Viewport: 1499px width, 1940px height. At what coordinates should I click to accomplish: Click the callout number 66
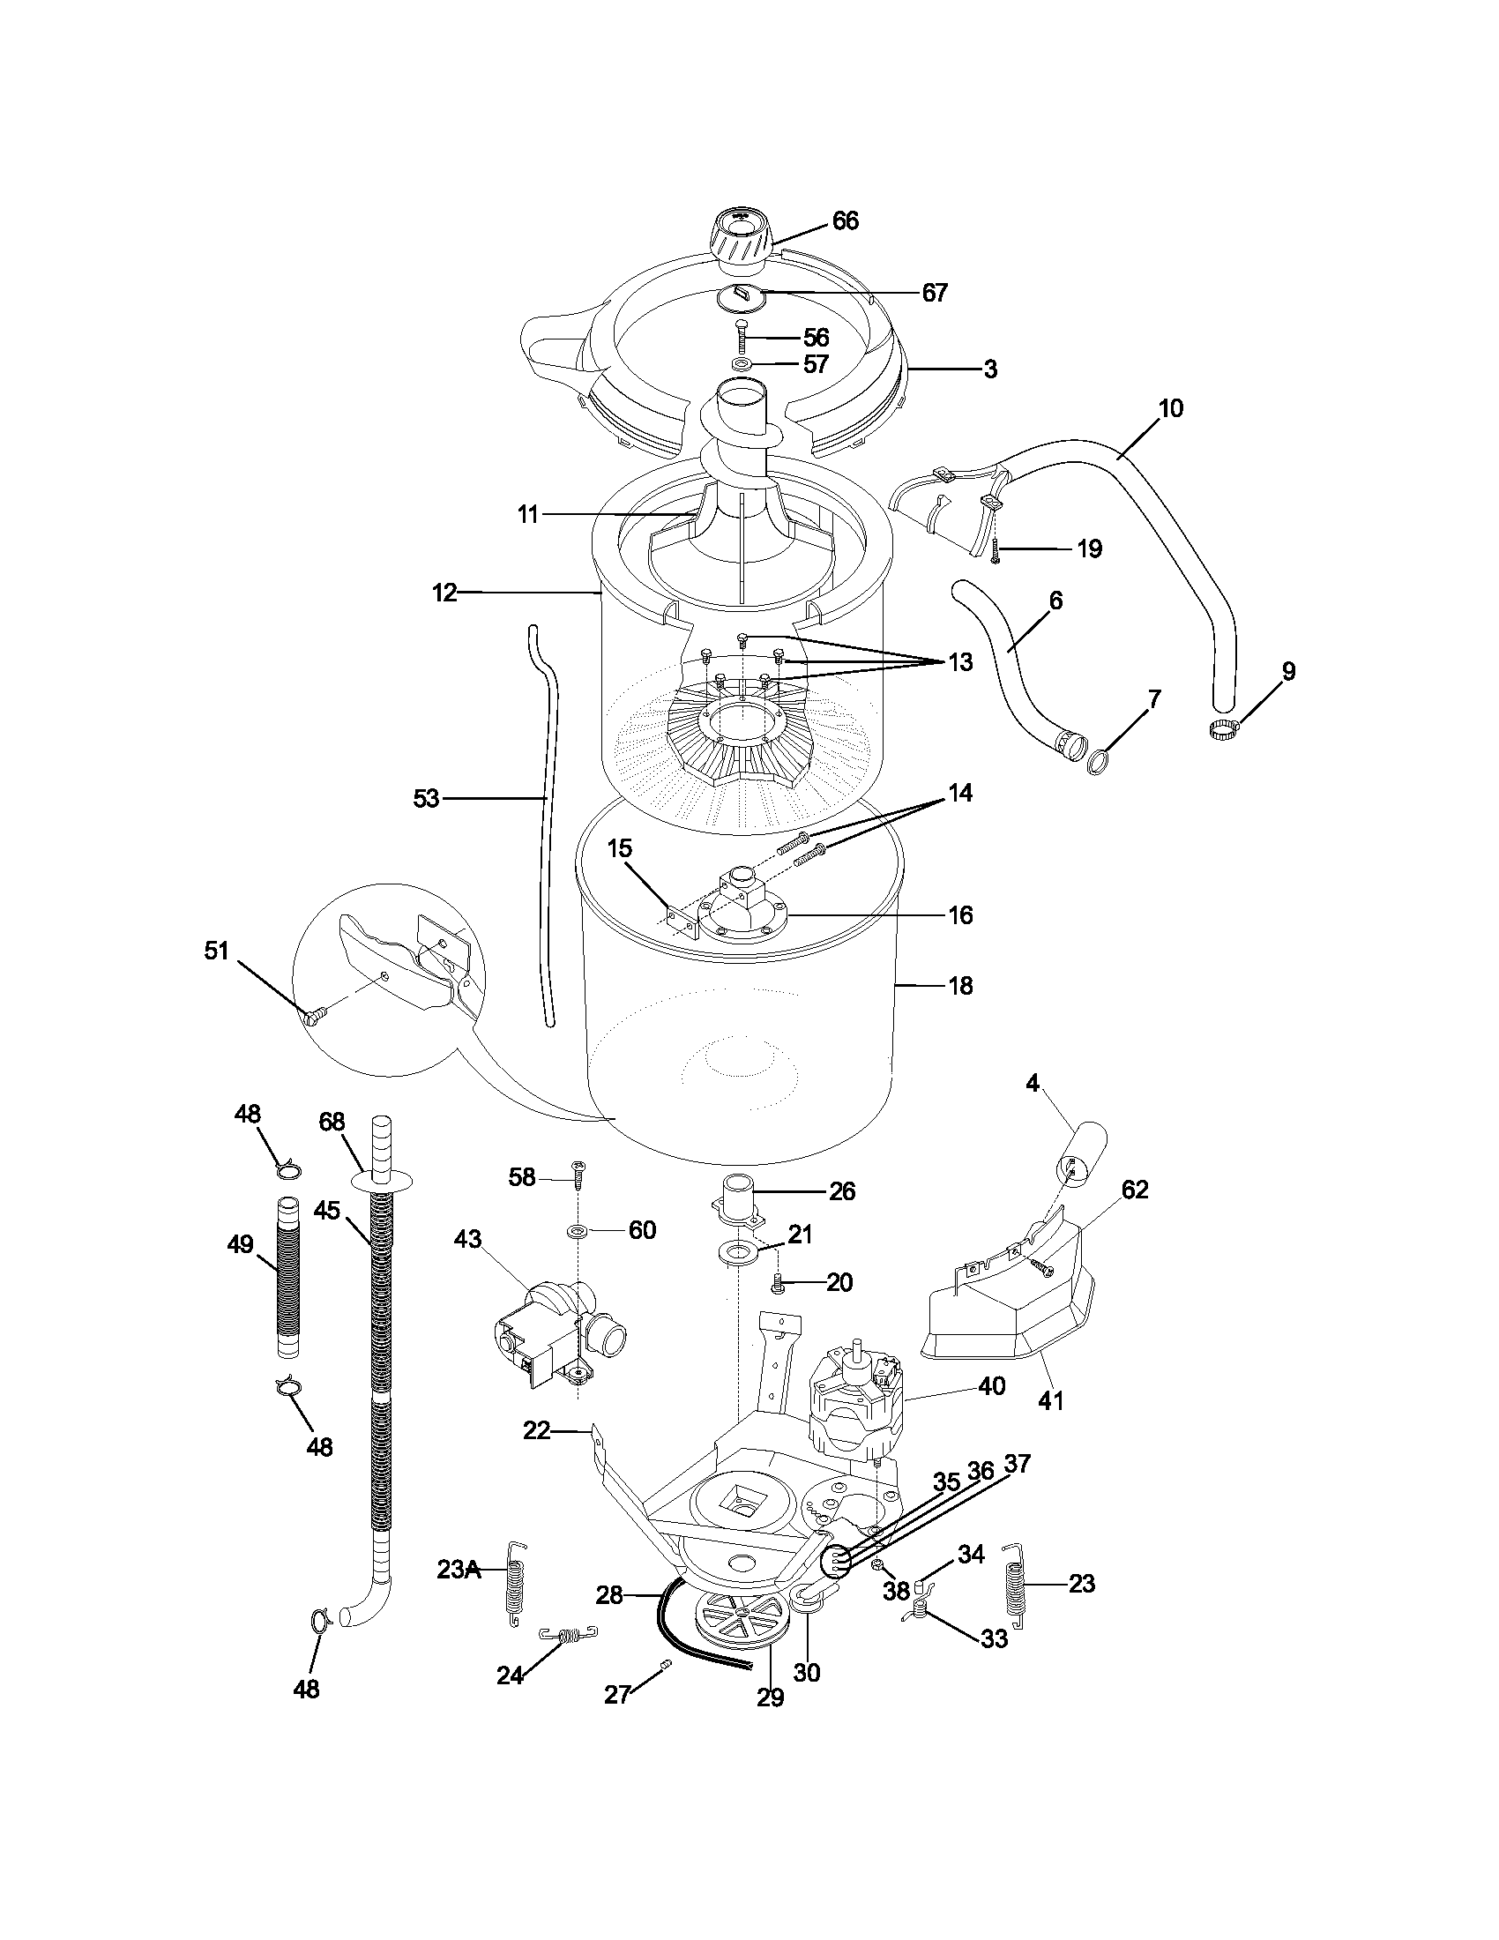coord(845,221)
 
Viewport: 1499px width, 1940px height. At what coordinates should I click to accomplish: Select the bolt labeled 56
coord(742,339)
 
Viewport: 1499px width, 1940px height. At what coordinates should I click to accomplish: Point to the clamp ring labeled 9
coord(1225,729)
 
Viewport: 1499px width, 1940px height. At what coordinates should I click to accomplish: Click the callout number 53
coord(426,799)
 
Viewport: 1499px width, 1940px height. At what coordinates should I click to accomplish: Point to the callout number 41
coord(1050,1401)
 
